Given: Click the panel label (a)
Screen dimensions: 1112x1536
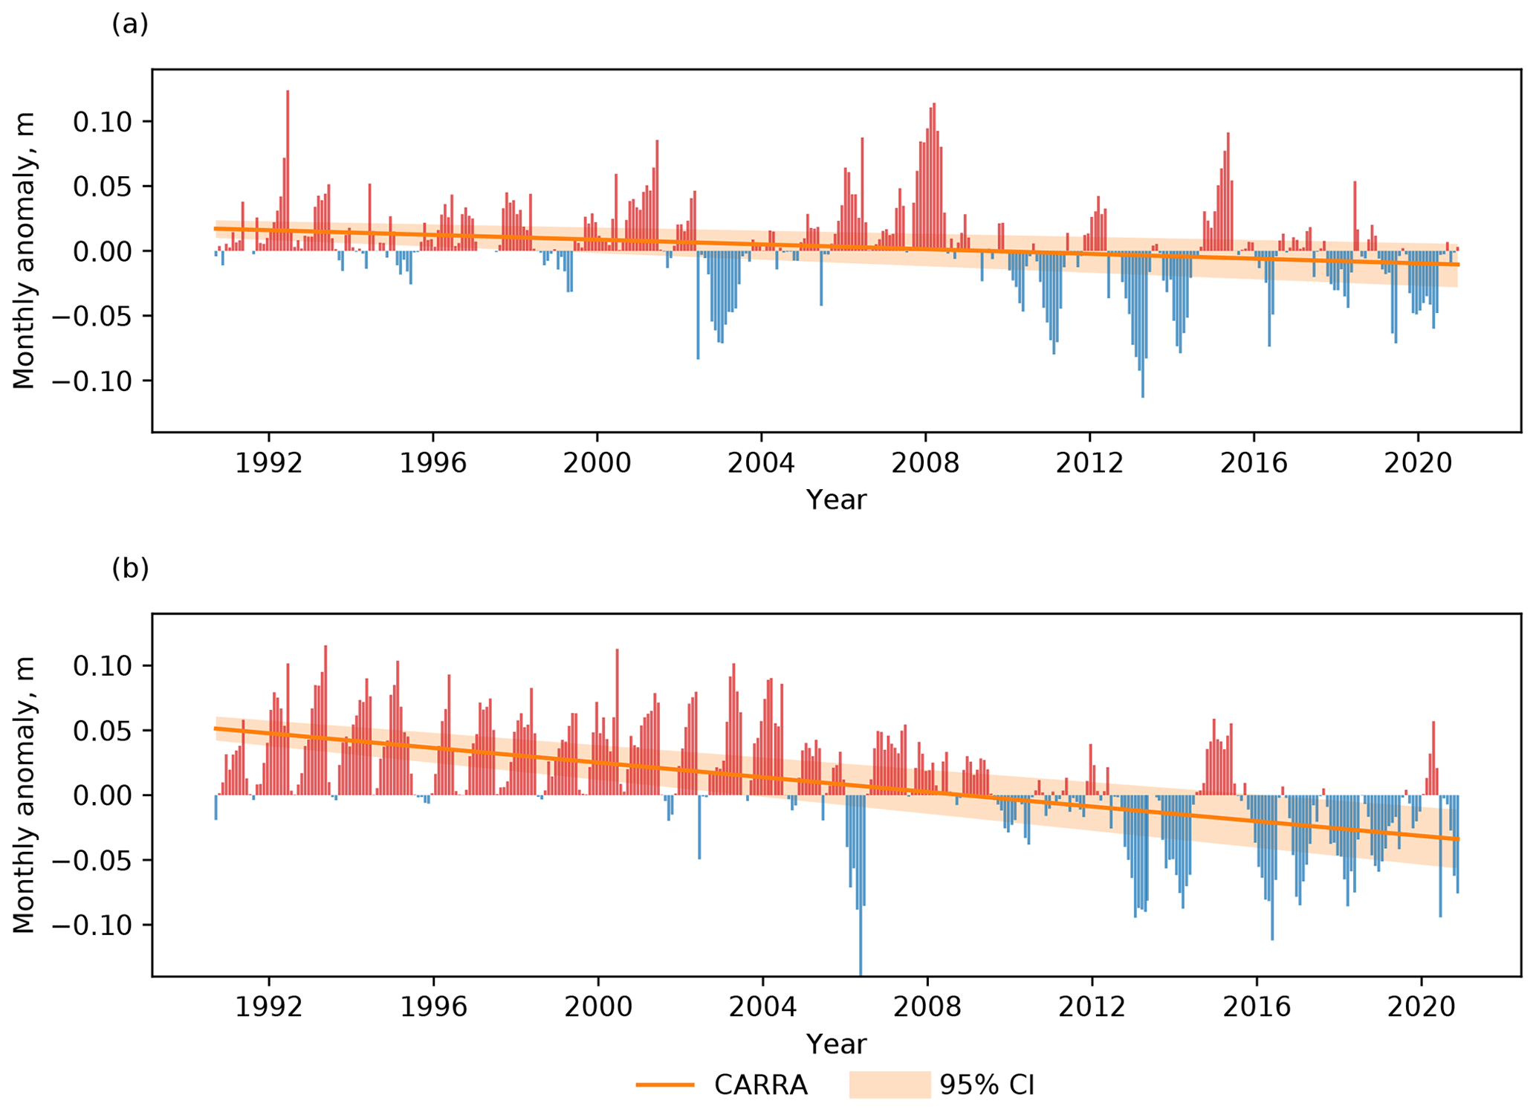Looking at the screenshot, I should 130,25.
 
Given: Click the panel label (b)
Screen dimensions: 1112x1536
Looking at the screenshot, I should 130,569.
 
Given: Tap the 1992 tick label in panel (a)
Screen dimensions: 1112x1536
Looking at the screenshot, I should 268,463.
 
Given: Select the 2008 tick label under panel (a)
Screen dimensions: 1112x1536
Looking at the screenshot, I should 925,463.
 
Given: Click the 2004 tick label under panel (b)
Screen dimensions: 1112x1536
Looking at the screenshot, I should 761,1007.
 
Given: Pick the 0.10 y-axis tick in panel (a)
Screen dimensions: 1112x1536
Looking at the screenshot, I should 102,121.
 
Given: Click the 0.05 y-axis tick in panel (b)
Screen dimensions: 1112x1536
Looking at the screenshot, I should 102,731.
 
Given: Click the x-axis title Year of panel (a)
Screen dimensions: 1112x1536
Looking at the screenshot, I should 836,500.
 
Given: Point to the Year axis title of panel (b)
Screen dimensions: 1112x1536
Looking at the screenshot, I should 836,1044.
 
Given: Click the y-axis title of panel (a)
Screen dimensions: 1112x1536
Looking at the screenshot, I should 24,250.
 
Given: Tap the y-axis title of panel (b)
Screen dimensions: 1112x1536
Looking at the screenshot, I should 24,795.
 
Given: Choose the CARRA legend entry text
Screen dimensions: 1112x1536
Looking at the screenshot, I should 760,1085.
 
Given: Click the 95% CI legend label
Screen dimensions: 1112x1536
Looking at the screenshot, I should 986,1085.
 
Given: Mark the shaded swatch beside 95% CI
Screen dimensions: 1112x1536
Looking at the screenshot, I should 889,1084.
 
